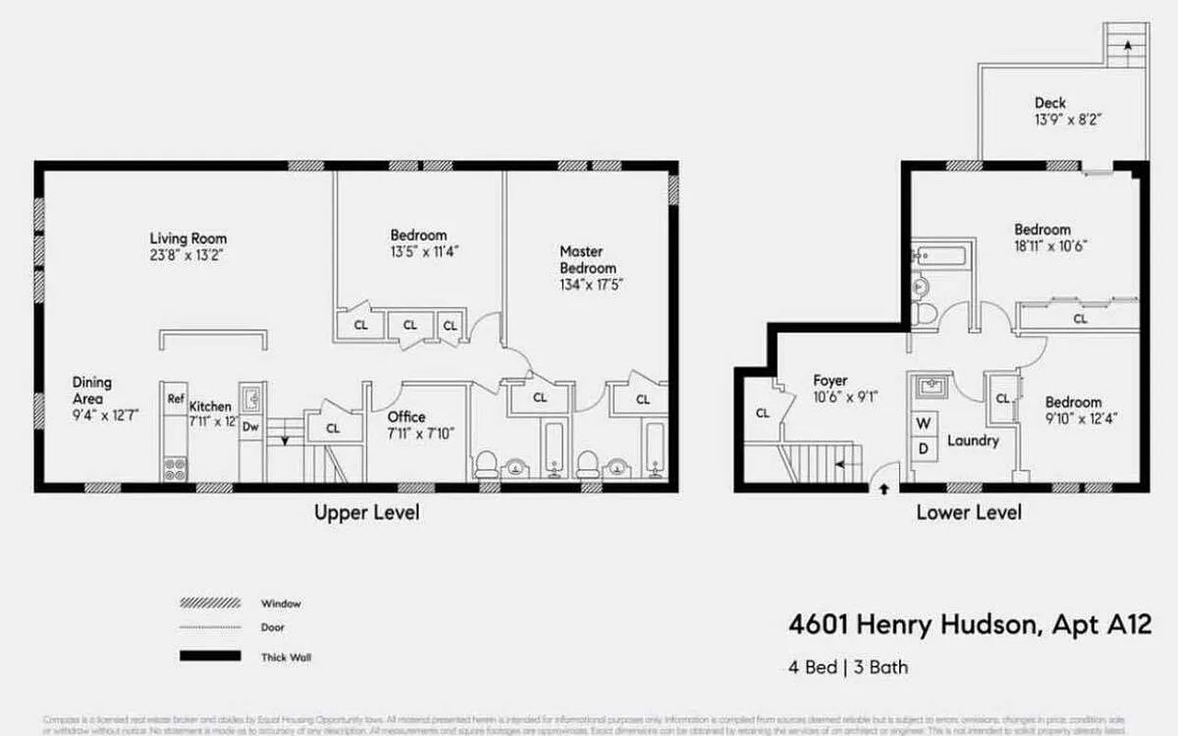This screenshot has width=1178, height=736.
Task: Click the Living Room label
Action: (x=189, y=238)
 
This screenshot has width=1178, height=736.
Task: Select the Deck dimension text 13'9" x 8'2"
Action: (x=1068, y=120)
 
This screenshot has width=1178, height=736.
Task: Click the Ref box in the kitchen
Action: (x=176, y=398)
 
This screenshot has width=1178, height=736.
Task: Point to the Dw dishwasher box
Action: (x=250, y=426)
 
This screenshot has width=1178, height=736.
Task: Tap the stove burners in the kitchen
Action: (x=175, y=469)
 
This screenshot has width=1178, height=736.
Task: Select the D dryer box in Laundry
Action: (x=925, y=448)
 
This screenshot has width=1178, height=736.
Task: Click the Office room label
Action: (x=406, y=417)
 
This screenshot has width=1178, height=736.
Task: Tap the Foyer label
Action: (x=830, y=380)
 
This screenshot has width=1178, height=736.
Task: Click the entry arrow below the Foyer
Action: (x=883, y=489)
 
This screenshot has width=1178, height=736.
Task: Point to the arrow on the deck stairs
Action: (x=1127, y=46)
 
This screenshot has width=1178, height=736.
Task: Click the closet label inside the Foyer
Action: (x=762, y=413)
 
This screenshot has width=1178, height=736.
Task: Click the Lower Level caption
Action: (x=968, y=512)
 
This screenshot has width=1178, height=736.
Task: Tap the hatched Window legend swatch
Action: (x=210, y=604)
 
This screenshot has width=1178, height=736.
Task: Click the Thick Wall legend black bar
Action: (x=210, y=657)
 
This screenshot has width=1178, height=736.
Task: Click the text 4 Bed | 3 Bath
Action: (x=848, y=667)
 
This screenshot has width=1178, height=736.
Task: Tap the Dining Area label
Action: (x=92, y=390)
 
